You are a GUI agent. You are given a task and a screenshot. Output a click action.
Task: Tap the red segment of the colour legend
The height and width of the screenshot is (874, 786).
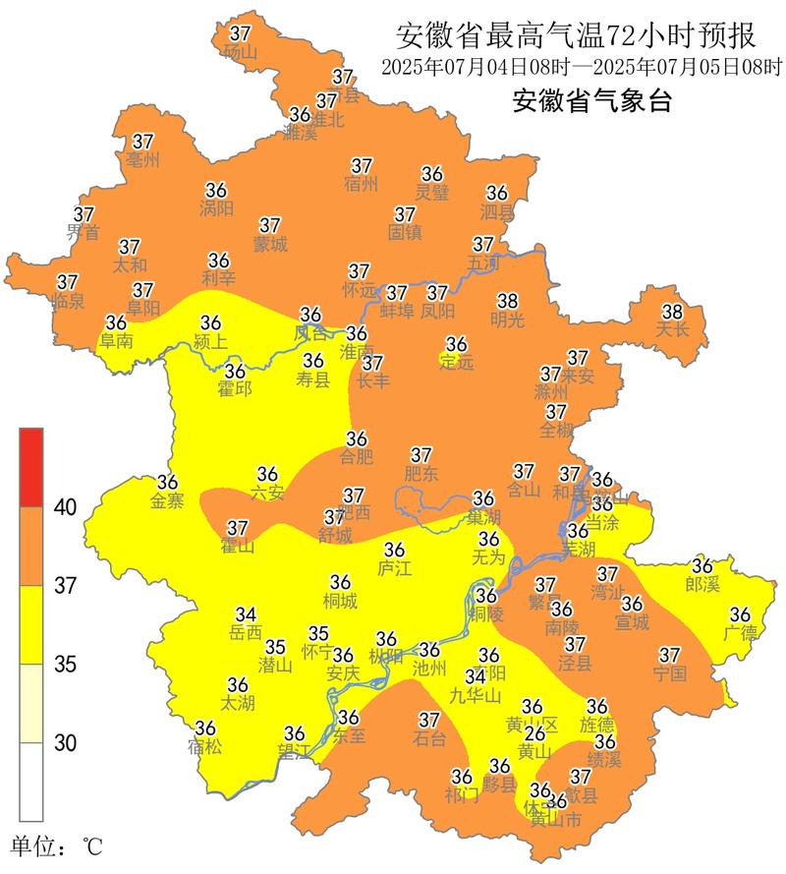point(30,467)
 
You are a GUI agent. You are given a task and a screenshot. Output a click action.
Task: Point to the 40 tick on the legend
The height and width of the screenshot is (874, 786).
point(65,507)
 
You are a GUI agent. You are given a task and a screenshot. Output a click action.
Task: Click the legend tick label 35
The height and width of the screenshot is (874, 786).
point(65,665)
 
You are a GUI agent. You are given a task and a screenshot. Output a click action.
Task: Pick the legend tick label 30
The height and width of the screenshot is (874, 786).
point(65,743)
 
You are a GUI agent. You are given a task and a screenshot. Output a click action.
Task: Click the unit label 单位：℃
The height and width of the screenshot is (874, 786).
point(56,845)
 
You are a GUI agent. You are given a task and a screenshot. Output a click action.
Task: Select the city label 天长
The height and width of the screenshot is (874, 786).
point(672,329)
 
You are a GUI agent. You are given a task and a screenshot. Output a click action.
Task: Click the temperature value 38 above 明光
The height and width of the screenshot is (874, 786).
point(507,300)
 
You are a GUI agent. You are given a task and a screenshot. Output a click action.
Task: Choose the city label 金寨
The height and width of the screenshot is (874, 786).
point(167,501)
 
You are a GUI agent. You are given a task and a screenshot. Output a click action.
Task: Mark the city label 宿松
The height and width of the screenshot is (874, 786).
point(205,746)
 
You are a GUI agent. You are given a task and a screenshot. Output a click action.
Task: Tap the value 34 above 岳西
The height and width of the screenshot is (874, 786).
point(246,614)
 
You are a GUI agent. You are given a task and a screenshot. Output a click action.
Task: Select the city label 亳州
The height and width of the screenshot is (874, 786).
point(143,159)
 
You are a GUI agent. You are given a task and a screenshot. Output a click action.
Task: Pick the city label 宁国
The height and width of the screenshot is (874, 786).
point(669,673)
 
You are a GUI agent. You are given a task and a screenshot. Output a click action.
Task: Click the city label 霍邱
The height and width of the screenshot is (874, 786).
point(235,389)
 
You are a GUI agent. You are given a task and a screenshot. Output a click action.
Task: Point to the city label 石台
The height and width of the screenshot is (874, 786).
point(429,738)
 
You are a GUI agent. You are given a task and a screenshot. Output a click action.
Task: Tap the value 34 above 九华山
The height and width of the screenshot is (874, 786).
point(476,676)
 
